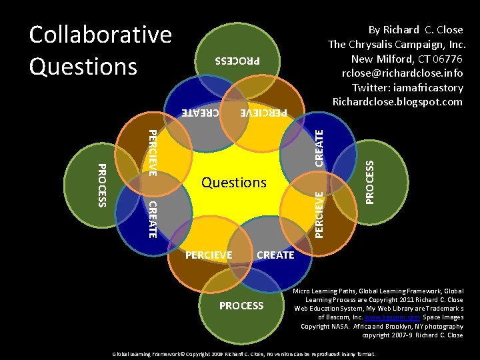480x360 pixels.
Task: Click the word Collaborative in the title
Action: pyautogui.click(x=100, y=35)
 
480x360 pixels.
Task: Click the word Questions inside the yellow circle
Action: pyautogui.click(x=234, y=182)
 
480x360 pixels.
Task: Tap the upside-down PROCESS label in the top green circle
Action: pyautogui.click(x=237, y=61)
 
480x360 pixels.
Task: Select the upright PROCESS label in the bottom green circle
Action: pyautogui.click(x=241, y=305)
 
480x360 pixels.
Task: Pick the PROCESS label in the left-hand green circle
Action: pyautogui.click(x=101, y=185)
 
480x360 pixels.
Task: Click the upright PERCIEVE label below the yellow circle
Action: pyautogui.click(x=209, y=255)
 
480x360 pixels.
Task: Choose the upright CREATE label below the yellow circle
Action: pyautogui.click(x=275, y=255)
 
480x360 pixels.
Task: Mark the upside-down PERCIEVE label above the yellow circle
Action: pyautogui.click(x=263, y=113)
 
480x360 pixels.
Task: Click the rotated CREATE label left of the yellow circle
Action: pyautogui.click(x=152, y=218)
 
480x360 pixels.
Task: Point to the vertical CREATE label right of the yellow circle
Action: pyautogui.click(x=319, y=149)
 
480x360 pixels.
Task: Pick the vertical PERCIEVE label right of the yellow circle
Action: pyautogui.click(x=319, y=214)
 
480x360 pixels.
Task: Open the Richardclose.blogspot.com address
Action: pyautogui.click(x=397, y=102)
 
